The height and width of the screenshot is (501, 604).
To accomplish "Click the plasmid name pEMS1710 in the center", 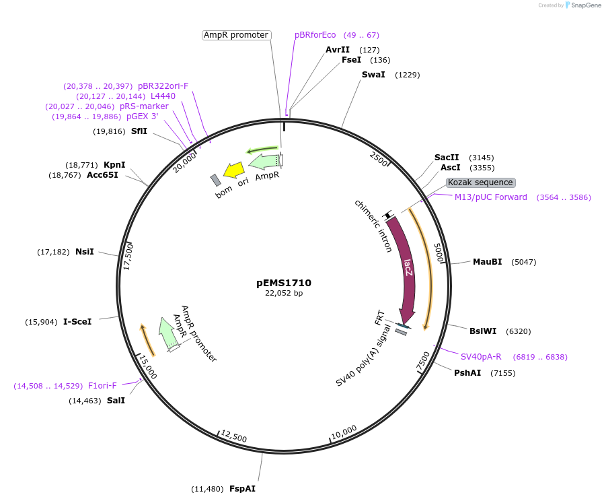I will pyautogui.click(x=284, y=283).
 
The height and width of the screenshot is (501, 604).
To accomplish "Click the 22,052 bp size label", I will pyautogui.click(x=284, y=294).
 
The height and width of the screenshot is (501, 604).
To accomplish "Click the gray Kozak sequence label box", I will pyautogui.click(x=480, y=182).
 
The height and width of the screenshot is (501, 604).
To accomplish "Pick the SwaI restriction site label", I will pyautogui.click(x=373, y=74).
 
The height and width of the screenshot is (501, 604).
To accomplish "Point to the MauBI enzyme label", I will pyautogui.click(x=487, y=262).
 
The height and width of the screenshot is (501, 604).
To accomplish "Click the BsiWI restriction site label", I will pyautogui.click(x=484, y=331).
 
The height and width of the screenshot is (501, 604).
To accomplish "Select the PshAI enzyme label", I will pyautogui.click(x=467, y=372).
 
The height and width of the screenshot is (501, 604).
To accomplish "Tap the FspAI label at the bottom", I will pyautogui.click(x=242, y=489).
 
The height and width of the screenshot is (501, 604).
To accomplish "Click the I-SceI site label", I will pyautogui.click(x=77, y=322).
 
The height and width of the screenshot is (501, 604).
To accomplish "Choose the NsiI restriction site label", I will pyautogui.click(x=85, y=252).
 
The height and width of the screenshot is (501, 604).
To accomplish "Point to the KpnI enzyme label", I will pyautogui.click(x=114, y=165).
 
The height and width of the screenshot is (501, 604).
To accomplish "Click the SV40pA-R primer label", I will pyautogui.click(x=481, y=356).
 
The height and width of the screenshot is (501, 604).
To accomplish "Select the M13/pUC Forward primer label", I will pyautogui.click(x=491, y=197).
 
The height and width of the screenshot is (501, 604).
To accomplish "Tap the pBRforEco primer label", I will pyautogui.click(x=315, y=35).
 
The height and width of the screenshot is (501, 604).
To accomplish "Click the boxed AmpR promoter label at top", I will pyautogui.click(x=236, y=35).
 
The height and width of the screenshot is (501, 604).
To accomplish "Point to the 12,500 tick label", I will pyautogui.click(x=233, y=436).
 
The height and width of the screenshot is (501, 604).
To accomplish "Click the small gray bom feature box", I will pyautogui.click(x=215, y=180).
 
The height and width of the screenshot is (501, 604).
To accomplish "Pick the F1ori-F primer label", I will pyautogui.click(x=102, y=386).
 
